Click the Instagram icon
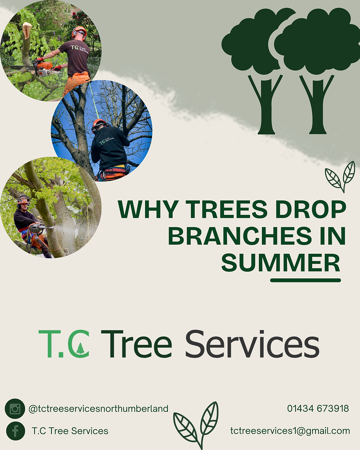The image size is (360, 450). point(15,408)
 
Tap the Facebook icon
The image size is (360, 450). point(15,431)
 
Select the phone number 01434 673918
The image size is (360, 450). point(318,408)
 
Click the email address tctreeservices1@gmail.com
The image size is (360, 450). point(290,431)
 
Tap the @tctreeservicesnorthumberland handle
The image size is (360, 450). point(98,408)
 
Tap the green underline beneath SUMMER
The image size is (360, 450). point(305,280)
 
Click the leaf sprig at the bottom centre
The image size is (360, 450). point(196,424)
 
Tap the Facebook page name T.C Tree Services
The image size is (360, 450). point(70,431)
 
